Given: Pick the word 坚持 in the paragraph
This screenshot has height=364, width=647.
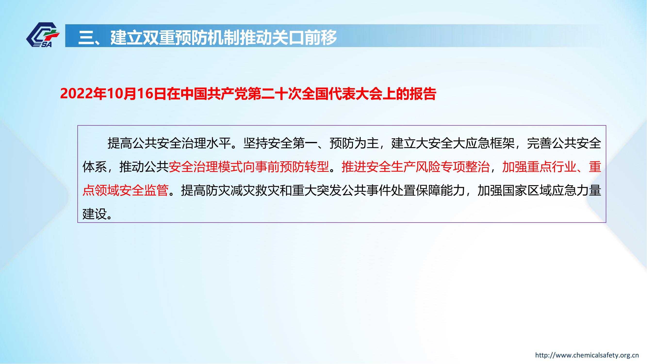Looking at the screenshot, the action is point(255,143).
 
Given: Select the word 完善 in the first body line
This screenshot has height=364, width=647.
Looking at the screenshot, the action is point(539,143).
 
